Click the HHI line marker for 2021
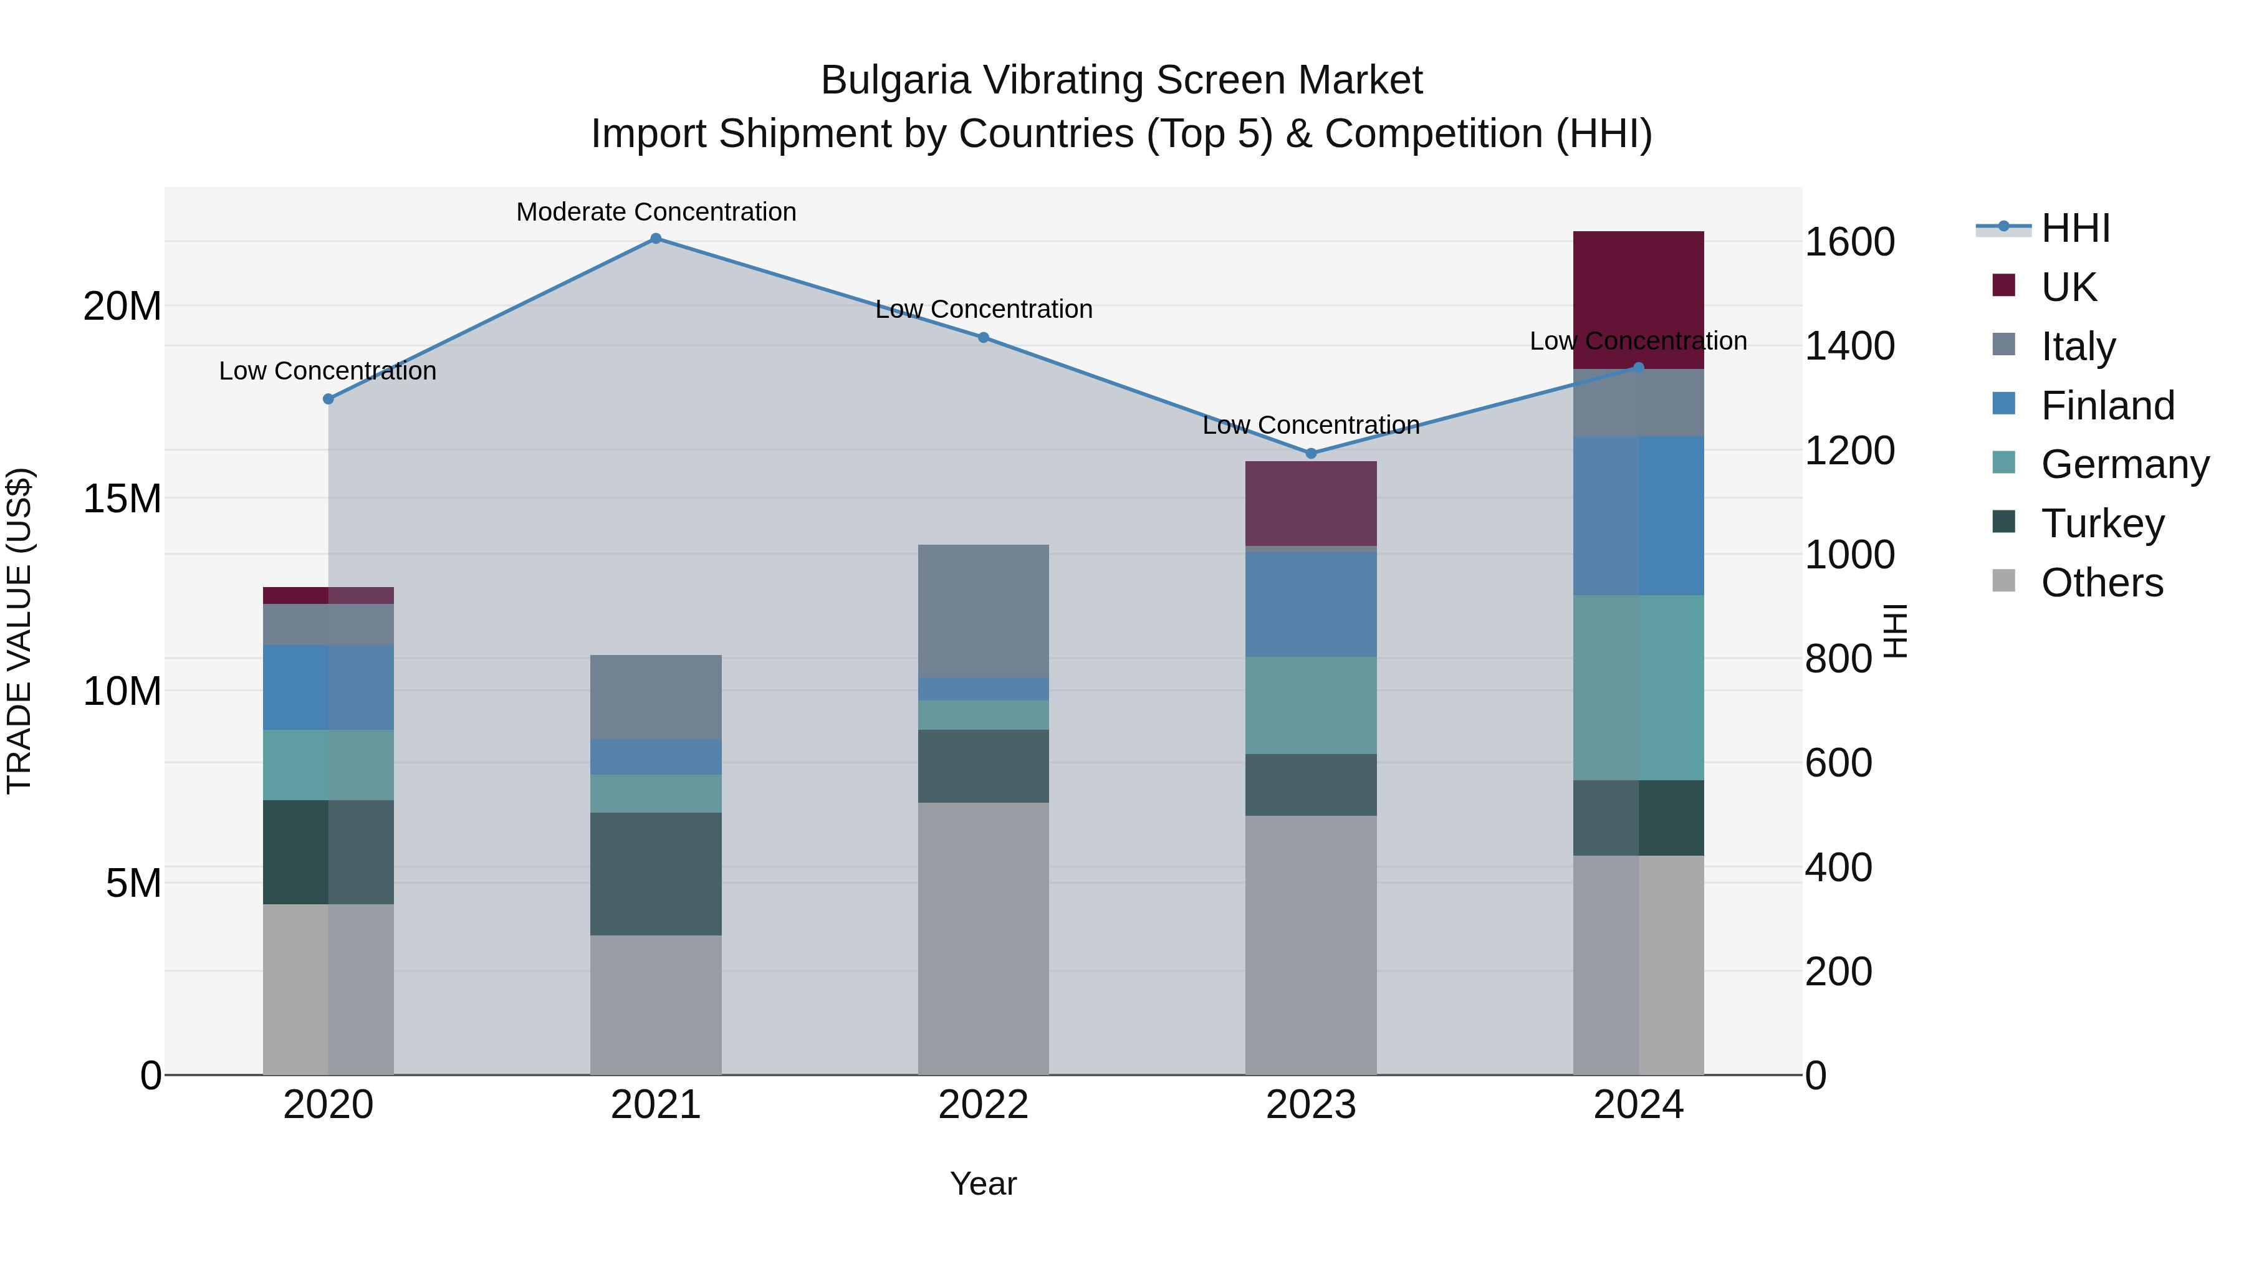tap(656, 239)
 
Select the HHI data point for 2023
tap(1311, 453)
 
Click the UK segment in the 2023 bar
tap(1311, 504)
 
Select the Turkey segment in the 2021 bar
tap(656, 874)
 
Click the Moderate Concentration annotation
tap(656, 212)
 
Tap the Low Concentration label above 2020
tap(327, 371)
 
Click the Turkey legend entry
tap(2101, 523)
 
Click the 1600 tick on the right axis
tap(1849, 242)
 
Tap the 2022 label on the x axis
tap(984, 1105)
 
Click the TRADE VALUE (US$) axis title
tap(19, 631)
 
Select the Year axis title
tap(984, 1183)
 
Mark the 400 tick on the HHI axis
tap(1838, 868)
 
